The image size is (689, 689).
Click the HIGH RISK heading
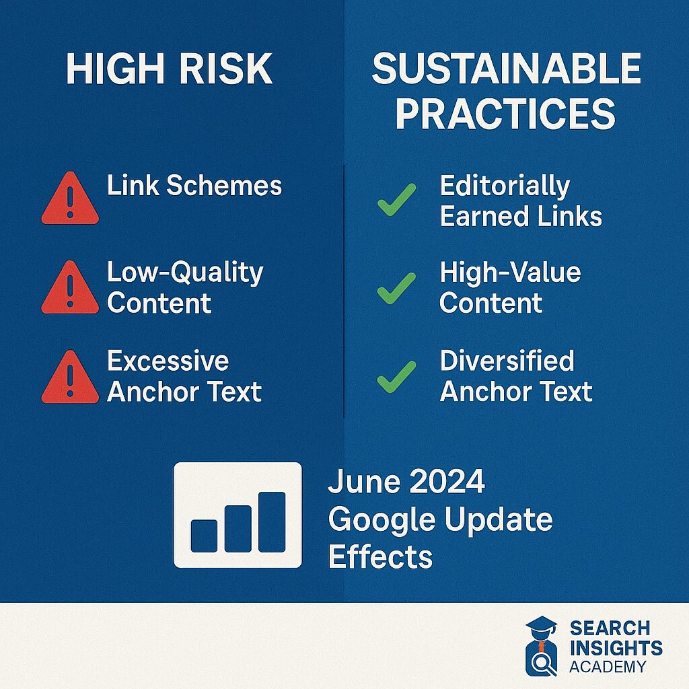coord(170,69)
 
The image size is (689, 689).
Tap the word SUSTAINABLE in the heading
coord(506,69)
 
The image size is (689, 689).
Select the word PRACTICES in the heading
coord(505,113)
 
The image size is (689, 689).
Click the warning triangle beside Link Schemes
coord(70,198)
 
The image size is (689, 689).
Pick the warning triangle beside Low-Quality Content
coord(70,287)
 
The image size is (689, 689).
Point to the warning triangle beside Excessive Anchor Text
coord(70,377)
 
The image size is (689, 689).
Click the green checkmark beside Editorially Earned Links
coord(396,200)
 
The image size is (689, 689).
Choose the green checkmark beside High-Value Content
coord(396,289)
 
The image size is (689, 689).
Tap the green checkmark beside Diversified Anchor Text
coord(396,377)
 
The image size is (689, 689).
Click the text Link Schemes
coord(194,185)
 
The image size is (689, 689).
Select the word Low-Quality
coord(185,273)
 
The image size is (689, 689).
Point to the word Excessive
coord(168,361)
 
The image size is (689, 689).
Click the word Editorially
coord(505,186)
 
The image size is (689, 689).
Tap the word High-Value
coord(510,272)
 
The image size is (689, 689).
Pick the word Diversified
coord(507,361)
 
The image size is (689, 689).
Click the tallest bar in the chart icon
coord(272,522)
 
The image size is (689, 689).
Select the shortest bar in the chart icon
coord(204,536)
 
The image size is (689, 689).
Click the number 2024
coord(447,481)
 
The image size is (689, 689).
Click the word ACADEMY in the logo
coord(608,667)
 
